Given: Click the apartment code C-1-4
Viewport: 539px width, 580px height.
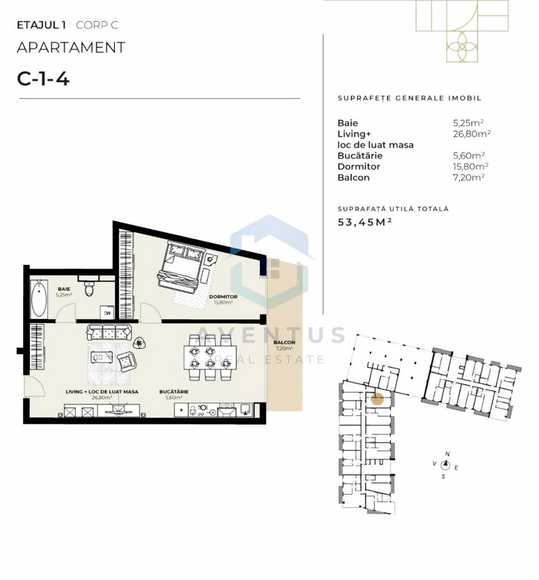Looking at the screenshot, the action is click(43, 78).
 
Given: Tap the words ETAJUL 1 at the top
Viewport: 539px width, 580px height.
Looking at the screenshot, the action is click(41, 25).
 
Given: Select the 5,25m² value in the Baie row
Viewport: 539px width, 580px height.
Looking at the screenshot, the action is click(468, 123).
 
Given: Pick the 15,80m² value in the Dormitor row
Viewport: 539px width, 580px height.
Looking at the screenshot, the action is click(470, 166).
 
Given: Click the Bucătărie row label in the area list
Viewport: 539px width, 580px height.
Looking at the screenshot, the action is click(360, 155).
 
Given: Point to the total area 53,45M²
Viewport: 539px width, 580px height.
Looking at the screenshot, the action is click(364, 222).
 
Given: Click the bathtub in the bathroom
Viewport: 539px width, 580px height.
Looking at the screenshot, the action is click(39, 298).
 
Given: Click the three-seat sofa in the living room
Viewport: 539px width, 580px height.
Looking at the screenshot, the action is click(109, 332).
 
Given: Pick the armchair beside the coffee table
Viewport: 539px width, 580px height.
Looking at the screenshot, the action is click(126, 361).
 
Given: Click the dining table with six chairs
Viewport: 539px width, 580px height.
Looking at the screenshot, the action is click(210, 357).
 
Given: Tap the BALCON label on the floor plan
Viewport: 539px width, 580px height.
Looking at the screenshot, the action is click(285, 343).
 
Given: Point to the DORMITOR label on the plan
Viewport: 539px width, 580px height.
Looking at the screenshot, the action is click(223, 297).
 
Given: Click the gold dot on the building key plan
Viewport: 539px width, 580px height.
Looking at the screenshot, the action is click(377, 399).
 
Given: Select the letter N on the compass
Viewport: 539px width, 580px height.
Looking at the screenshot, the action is click(447, 454).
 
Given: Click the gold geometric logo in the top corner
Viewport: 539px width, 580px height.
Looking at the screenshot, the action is click(461, 31).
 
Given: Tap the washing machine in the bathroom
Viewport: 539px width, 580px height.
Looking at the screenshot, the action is click(107, 312).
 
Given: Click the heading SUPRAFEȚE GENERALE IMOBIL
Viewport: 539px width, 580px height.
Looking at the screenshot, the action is click(409, 99).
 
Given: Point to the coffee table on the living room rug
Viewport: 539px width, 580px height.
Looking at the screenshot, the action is click(101, 357).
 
